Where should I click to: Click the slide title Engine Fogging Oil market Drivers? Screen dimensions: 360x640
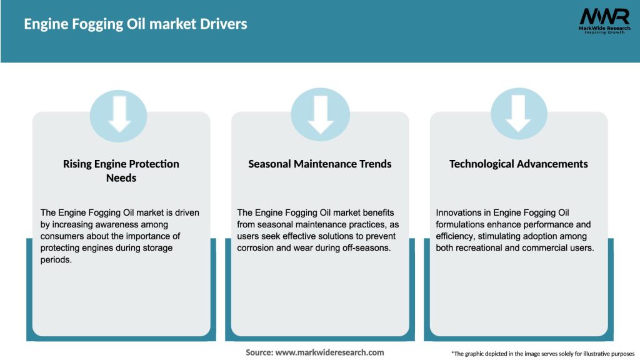(136, 24)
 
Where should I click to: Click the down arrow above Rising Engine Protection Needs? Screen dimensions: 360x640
(119, 113)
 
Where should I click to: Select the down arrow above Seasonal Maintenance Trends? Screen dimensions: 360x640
(320, 113)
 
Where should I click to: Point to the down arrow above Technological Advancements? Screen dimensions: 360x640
(519, 113)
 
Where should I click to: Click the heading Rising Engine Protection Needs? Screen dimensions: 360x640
(121, 171)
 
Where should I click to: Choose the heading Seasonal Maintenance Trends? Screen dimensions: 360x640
(320, 164)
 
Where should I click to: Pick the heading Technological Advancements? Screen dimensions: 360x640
(519, 164)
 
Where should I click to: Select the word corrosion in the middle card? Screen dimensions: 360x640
(258, 248)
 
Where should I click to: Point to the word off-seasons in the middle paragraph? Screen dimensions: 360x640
(366, 248)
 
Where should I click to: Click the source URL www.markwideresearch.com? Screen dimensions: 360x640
(330, 352)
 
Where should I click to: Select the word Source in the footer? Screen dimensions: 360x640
(259, 352)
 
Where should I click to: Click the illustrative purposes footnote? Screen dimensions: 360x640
(542, 354)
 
